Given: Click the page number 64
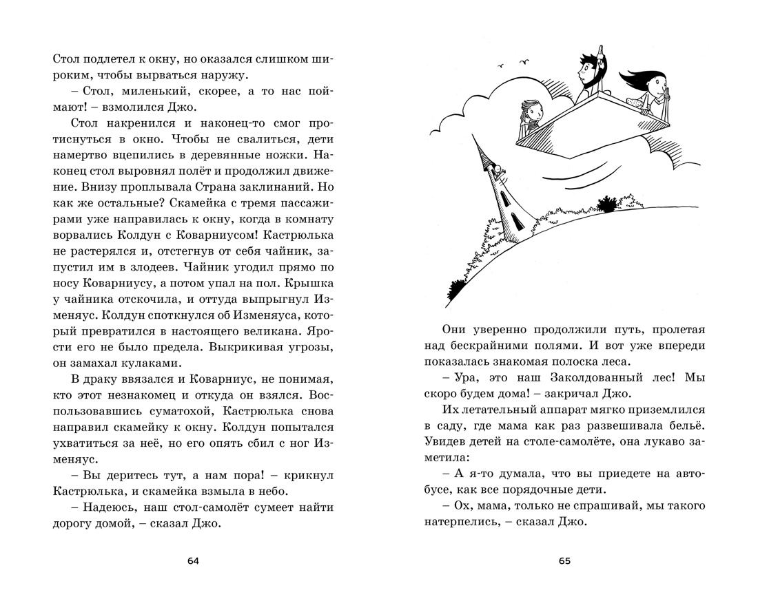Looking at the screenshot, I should [x=193, y=561].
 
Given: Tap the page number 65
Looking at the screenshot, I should [x=565, y=561].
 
